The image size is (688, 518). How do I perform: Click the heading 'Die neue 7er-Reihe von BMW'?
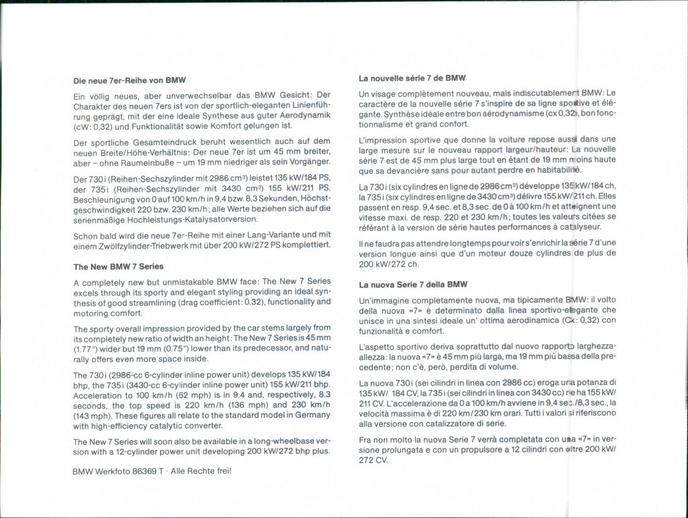click(129, 81)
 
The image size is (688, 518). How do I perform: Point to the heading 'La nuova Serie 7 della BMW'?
click(413, 284)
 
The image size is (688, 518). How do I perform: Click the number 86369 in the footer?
click(143, 471)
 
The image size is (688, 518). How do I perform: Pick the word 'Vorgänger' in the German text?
click(308, 162)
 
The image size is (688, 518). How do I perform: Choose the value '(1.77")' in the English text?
click(87, 347)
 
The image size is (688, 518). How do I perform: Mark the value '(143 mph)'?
click(92, 415)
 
